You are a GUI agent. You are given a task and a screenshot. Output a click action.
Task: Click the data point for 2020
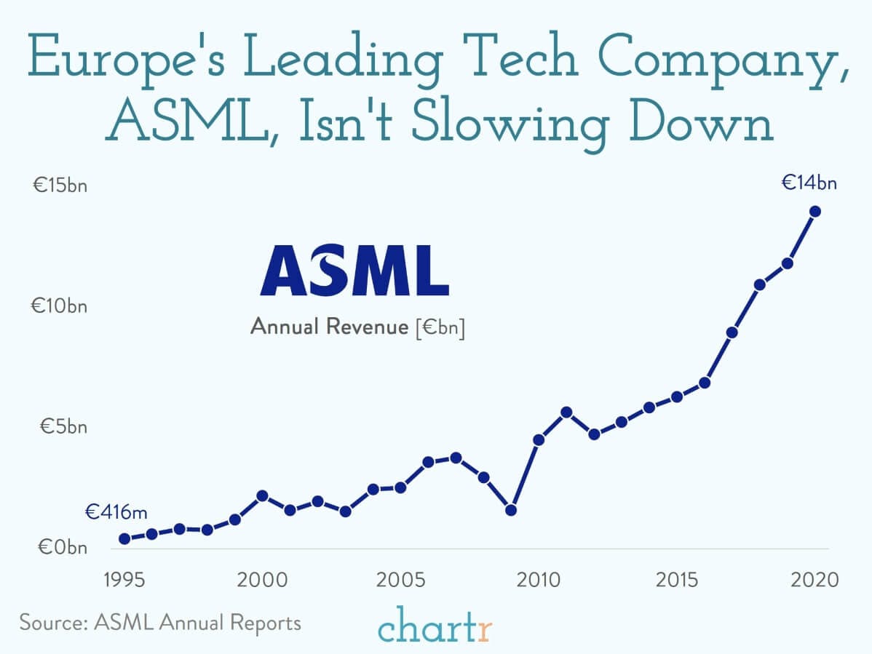tap(815, 212)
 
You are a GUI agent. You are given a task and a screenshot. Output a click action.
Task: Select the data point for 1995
tap(124, 538)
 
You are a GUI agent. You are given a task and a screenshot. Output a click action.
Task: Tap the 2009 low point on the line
tap(511, 510)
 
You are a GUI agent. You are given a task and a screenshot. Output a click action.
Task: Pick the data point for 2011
tap(566, 412)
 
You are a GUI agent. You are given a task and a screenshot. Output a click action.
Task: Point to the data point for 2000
tap(262, 496)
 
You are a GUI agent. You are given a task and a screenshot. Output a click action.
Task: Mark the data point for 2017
tap(732, 332)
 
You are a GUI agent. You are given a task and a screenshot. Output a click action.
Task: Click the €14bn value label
tap(809, 183)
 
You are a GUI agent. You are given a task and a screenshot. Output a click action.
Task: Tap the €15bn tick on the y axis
tap(59, 186)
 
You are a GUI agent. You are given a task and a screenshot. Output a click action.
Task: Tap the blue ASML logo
tap(354, 269)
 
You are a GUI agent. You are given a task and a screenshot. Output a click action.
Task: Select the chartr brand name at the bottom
tap(435, 627)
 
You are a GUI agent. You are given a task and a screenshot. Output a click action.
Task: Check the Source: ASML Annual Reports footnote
tap(160, 623)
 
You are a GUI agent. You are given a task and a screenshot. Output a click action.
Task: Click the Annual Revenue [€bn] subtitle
tap(357, 327)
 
